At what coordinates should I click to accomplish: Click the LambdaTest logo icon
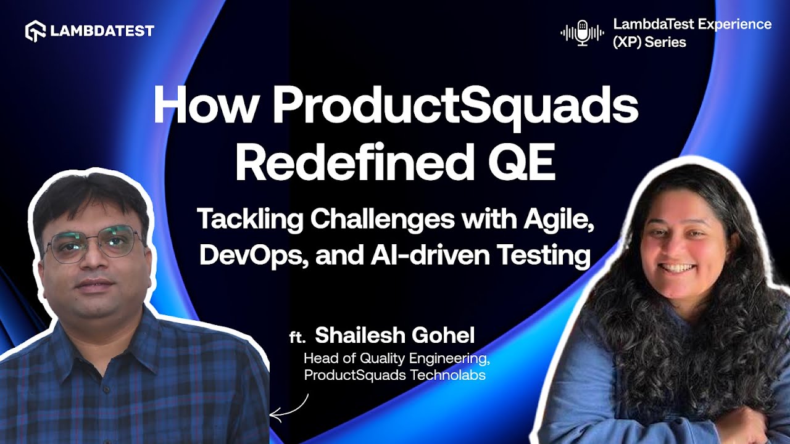pos(35,31)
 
